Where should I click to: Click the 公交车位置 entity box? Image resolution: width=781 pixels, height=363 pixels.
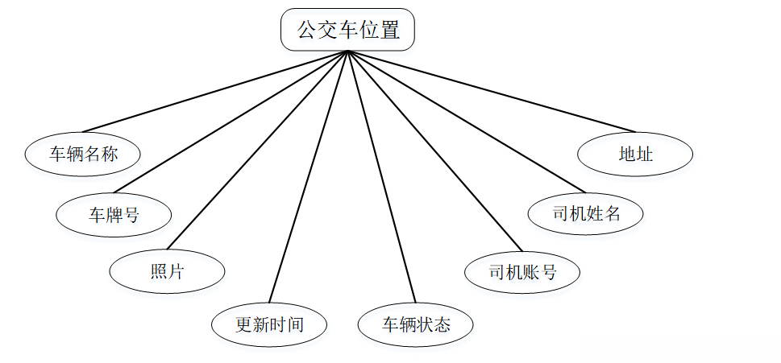347,31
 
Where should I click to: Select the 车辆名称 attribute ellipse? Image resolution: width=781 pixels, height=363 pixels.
83,153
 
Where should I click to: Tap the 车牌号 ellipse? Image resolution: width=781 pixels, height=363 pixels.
114,214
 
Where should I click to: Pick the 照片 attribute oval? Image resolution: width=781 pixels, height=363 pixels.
167,272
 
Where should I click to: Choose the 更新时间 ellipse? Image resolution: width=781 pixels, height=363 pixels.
269,324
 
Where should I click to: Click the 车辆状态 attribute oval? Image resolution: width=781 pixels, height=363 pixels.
416,324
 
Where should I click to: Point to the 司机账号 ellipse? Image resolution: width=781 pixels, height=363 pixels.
522,272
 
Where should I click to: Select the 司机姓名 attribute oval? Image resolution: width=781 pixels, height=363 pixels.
586,214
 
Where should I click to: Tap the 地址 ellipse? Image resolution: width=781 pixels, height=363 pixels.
635,153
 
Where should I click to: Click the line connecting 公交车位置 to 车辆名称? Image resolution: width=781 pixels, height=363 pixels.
215,92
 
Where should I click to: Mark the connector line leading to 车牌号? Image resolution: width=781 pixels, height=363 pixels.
231,123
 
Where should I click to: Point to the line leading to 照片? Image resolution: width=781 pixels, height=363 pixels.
256,151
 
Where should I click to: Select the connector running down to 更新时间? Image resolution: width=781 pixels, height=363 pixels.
308,177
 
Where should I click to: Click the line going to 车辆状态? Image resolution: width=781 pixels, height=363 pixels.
382,177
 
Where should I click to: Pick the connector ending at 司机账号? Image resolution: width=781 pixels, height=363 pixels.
435,151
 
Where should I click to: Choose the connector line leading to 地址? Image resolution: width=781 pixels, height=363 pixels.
492,92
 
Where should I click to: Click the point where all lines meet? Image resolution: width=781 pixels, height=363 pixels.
348,52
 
